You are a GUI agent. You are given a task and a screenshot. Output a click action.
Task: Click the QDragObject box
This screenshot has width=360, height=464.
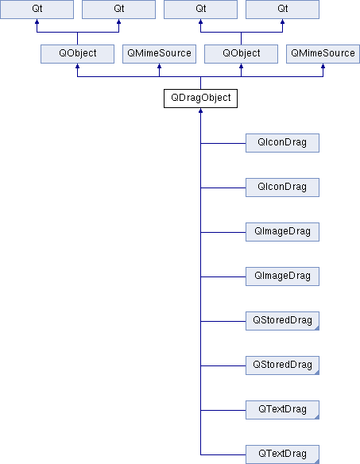point(200,99)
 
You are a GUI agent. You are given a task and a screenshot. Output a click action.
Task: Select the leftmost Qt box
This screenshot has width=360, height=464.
point(37,10)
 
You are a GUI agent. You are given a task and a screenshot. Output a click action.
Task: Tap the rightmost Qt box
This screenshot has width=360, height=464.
point(282,10)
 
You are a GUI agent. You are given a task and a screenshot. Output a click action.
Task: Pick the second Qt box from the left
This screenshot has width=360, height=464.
point(118,10)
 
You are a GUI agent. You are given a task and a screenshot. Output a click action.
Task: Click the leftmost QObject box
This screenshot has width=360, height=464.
point(77,54)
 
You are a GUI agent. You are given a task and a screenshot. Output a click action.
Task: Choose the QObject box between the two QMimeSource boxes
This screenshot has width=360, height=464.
point(241,54)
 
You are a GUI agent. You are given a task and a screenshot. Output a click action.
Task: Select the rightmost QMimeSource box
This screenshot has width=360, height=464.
point(323,54)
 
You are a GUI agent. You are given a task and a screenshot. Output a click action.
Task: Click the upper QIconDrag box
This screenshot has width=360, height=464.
point(282,143)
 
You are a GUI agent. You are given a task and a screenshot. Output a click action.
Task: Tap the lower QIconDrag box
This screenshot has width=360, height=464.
point(282,188)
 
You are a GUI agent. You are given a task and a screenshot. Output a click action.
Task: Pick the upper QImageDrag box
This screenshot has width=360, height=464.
point(282,232)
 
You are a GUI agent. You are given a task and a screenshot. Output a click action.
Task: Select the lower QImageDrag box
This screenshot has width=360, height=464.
point(282,276)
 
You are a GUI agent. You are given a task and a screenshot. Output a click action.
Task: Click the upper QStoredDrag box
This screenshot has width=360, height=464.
point(282,321)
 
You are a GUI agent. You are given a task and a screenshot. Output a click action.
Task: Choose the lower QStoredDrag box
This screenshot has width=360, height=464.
point(282,365)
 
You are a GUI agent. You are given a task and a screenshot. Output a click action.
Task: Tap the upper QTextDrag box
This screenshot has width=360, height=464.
point(282,410)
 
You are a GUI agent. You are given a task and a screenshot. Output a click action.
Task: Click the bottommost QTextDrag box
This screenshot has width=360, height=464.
point(282,454)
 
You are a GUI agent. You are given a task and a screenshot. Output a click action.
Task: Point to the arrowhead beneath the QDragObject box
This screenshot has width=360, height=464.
point(200,110)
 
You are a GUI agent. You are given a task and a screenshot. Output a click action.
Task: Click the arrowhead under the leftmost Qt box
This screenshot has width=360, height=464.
point(37,21)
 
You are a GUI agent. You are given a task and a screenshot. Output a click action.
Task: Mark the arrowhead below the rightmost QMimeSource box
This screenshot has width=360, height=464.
point(323,66)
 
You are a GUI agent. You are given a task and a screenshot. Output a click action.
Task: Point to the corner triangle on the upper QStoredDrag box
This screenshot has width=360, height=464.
point(317,328)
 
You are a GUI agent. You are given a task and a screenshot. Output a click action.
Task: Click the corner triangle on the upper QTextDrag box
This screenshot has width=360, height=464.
point(317,417)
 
